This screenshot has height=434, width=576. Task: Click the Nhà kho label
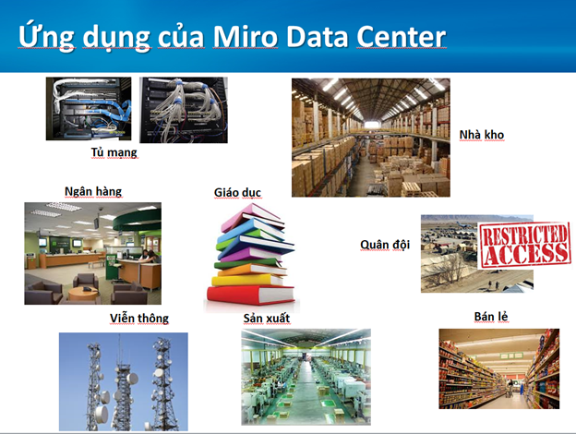pos(482,136)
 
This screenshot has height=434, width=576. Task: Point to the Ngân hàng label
pos(92,191)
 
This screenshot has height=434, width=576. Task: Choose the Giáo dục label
pos(237,192)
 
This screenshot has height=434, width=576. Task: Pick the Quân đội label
pos(384,245)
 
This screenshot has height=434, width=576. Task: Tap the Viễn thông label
pos(139,319)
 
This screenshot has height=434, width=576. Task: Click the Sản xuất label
pos(266,319)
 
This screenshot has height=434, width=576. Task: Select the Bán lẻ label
pos(493,317)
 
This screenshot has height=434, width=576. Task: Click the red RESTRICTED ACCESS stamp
pos(524,242)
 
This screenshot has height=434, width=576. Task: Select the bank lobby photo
pos(92,253)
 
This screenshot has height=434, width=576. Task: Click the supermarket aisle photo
pos(498,368)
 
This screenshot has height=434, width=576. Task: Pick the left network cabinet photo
pos(89,109)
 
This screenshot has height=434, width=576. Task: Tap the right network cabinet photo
pos(184,109)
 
